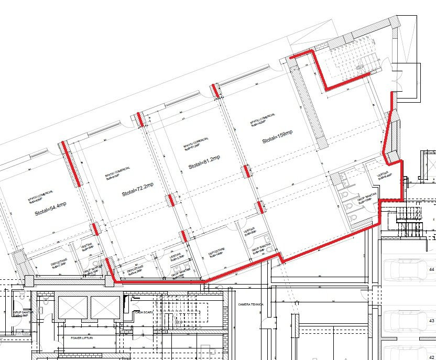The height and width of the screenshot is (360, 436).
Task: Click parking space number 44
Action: (x=432, y=269)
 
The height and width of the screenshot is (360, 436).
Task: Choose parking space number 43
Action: (x=432, y=320)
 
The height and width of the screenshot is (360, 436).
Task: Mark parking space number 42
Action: (x=432, y=357)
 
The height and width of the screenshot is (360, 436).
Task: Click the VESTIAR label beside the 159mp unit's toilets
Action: (x=384, y=176)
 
